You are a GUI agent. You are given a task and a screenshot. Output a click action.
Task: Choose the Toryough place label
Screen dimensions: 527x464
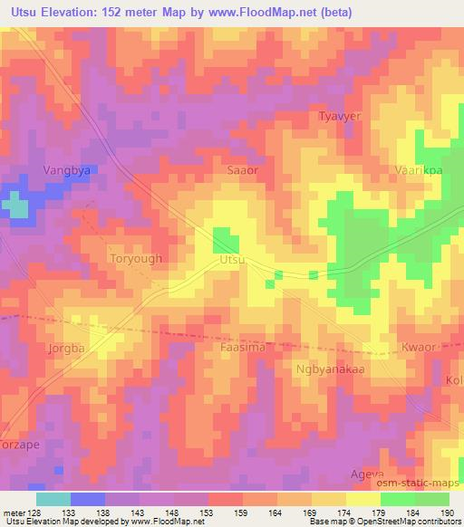tap(135, 258)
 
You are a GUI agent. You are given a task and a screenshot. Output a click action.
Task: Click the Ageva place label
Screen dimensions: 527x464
tap(367, 474)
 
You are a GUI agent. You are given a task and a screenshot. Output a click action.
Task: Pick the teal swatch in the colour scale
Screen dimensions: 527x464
tap(53, 499)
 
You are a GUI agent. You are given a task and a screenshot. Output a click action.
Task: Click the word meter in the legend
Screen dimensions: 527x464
tap(13, 512)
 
